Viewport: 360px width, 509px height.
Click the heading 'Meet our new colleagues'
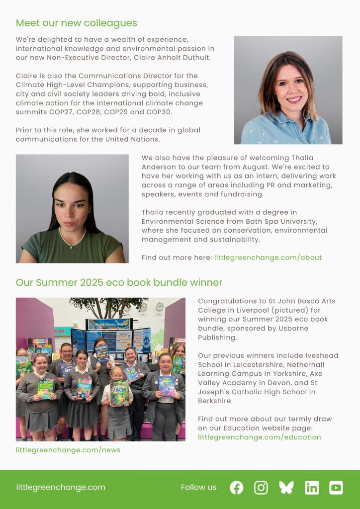pos(76,23)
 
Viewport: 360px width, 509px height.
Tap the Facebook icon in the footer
pos(237,488)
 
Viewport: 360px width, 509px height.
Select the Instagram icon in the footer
pos(261,488)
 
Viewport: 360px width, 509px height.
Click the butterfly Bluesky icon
pos(286,488)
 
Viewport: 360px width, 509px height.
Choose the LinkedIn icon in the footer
pos(312,488)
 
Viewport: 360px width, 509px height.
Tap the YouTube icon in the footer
pos(336,488)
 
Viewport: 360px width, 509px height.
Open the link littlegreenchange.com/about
pos(268,257)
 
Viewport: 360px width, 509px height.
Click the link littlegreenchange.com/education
pos(259,437)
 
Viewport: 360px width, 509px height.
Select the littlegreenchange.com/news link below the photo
pos(68,450)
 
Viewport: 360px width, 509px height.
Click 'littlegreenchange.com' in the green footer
pos(60,487)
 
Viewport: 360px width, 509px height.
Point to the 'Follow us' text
pos(198,487)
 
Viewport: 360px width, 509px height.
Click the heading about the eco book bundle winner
pos(119,282)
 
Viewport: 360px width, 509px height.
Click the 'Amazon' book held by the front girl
pos(119,393)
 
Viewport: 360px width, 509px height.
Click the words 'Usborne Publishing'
pos(253,333)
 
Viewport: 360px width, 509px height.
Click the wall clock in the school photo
pos(159,306)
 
